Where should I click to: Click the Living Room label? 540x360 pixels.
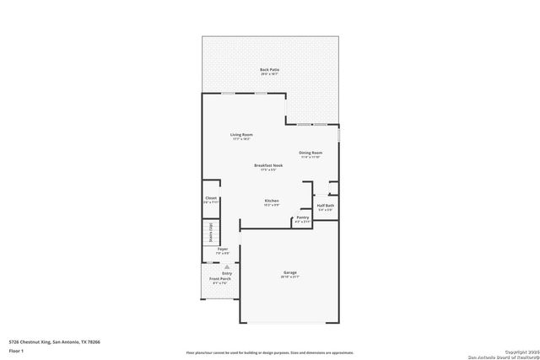(241, 135)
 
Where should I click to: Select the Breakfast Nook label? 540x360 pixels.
(268, 165)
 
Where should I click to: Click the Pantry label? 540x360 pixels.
(302, 218)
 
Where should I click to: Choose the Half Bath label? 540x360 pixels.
(325, 207)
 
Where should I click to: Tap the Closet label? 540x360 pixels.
(211, 198)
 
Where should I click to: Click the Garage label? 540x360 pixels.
(289, 271)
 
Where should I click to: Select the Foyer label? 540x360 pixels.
(223, 249)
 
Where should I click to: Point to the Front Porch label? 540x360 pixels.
(219, 278)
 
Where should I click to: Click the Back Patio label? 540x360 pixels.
(270, 69)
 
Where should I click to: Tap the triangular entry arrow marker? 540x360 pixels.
(226, 266)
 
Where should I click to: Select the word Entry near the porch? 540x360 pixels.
(226, 273)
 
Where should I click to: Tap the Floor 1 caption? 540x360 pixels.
(14, 349)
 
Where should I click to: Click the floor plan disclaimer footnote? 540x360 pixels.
(270, 353)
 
